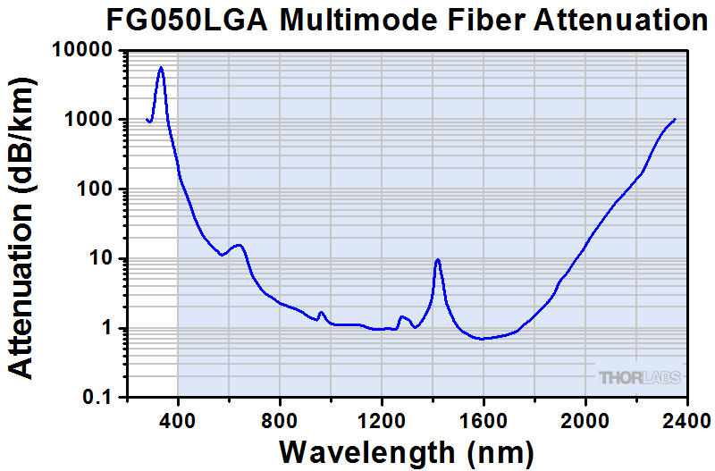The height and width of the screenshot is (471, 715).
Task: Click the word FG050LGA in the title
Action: (x=187, y=21)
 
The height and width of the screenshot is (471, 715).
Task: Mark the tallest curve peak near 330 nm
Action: (x=161, y=67)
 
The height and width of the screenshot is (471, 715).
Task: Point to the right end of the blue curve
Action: (x=675, y=119)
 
